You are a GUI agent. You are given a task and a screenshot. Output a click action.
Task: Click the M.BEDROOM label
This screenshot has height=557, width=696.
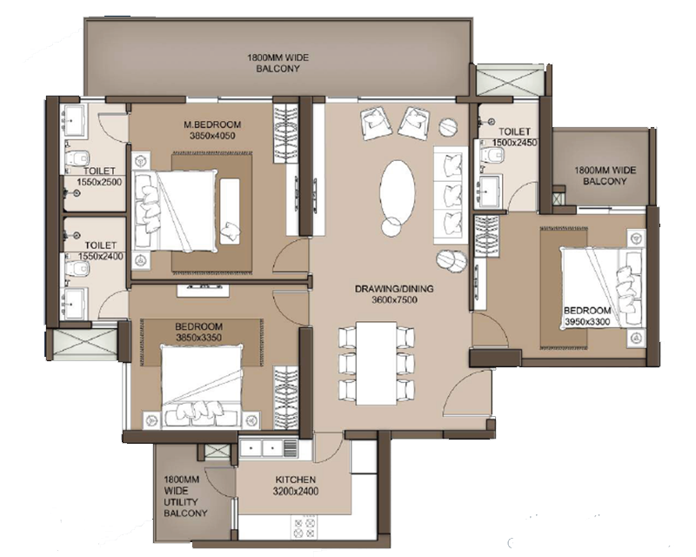click(x=212, y=124)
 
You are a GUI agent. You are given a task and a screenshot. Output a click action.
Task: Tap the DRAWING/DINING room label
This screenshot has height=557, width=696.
click(x=394, y=289)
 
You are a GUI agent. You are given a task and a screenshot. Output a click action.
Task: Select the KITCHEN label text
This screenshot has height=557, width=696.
click(x=296, y=480)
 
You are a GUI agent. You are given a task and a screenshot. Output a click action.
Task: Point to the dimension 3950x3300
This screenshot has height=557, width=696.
click(x=586, y=322)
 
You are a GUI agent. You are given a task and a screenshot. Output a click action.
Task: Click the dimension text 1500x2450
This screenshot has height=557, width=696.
click(x=514, y=143)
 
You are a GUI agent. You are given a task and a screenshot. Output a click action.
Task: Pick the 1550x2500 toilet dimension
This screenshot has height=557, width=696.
click(x=99, y=182)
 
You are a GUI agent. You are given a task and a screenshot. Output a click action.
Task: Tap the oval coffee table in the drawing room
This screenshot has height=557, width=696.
click(x=398, y=190)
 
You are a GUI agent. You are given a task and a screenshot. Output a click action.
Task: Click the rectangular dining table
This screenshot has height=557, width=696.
click(x=377, y=363)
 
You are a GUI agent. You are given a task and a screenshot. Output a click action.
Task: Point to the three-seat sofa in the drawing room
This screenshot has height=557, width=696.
click(x=450, y=195)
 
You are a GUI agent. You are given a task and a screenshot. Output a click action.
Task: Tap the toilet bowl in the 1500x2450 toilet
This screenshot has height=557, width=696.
click(x=492, y=154)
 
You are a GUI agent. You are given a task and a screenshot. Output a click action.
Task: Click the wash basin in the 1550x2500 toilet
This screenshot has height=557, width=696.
click(x=74, y=118)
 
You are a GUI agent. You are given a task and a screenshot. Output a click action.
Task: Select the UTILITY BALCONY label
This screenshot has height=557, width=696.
click(x=185, y=507)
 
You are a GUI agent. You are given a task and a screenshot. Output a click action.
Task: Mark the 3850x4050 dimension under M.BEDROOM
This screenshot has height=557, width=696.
click(x=212, y=136)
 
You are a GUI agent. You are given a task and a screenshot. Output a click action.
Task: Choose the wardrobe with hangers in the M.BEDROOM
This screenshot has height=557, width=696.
click(x=285, y=132)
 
